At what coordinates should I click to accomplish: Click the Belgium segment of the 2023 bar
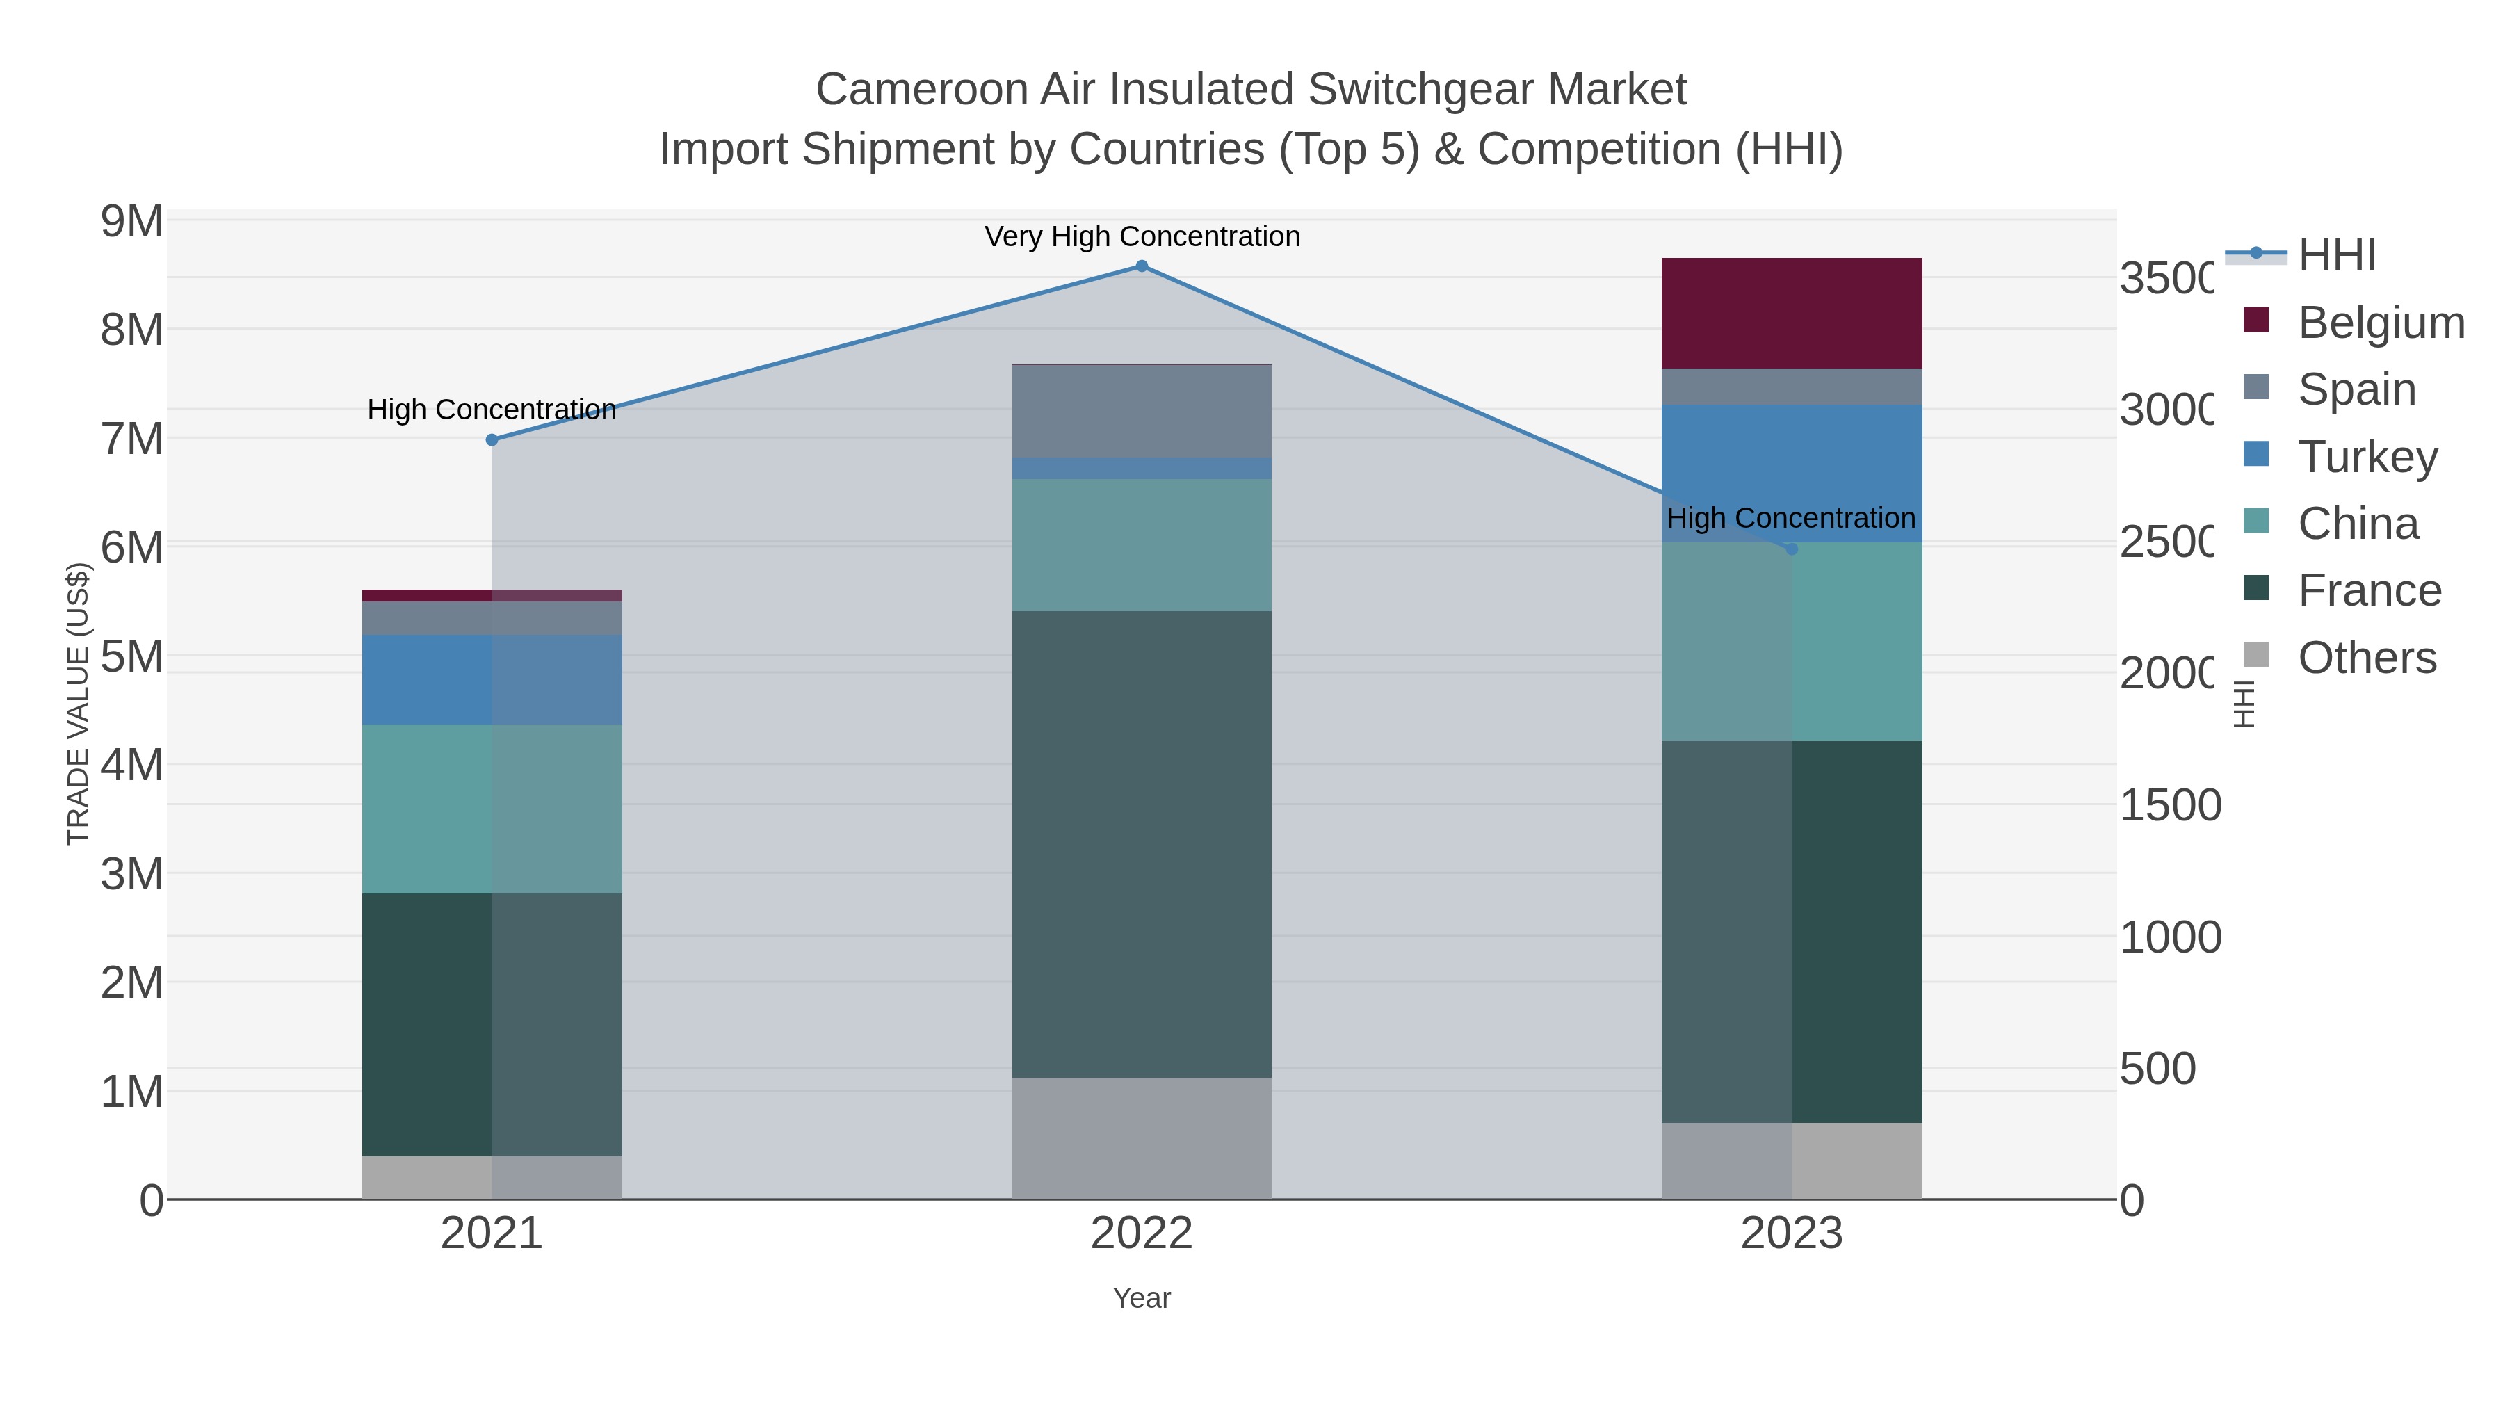1791,313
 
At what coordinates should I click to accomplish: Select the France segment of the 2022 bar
1142,843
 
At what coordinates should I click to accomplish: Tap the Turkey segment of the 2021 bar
492,679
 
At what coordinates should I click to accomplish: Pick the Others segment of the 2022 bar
1142,1138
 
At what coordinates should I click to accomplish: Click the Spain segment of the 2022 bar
1142,411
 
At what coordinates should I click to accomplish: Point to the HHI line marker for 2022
1142,266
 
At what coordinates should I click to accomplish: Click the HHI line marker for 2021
492,440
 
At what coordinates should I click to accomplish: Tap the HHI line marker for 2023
1792,549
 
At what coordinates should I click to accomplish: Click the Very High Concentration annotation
1142,236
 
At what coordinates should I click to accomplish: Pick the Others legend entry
2367,658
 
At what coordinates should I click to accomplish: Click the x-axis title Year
1142,1298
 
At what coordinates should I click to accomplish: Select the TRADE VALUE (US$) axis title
78,704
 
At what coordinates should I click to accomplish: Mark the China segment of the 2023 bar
1791,641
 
